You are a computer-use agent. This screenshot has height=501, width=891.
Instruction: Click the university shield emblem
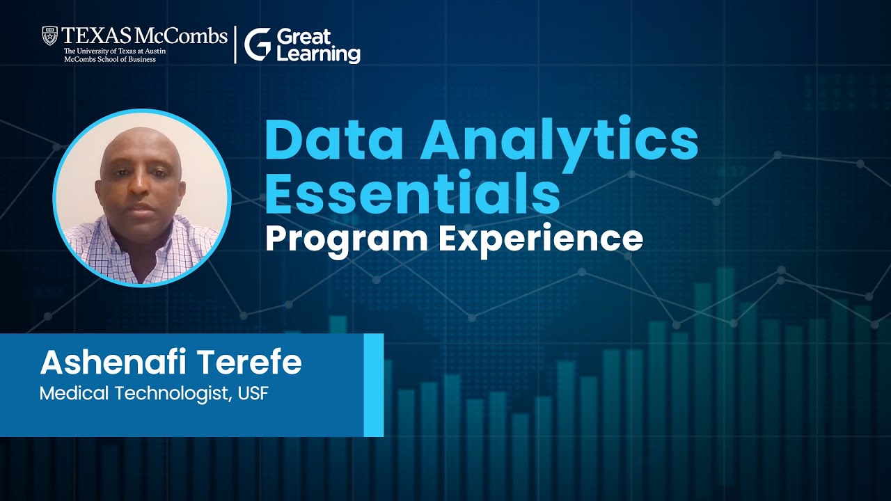[x=49, y=35]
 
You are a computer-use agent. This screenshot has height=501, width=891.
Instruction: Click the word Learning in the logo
[x=318, y=54]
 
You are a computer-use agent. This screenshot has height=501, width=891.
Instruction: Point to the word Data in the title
[x=333, y=140]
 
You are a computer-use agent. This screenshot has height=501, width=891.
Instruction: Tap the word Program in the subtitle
[x=346, y=239]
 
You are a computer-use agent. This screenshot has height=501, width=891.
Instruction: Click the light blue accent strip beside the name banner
[x=374, y=385]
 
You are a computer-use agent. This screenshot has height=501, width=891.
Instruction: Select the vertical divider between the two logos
[x=235, y=45]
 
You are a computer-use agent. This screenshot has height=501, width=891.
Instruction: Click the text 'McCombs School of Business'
[x=109, y=59]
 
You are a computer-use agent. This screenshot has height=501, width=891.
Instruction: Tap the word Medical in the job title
[x=68, y=394]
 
